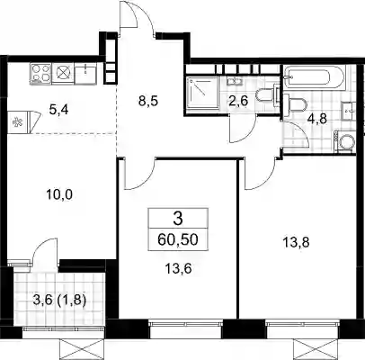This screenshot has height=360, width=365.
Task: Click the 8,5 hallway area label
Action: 147,101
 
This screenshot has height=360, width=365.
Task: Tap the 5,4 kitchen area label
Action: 58,110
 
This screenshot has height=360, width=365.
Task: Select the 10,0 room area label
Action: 59,195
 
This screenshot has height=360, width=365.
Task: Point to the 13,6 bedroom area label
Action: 178,268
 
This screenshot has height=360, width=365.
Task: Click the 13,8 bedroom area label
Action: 297,242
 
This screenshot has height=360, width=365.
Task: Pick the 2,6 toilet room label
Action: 238,101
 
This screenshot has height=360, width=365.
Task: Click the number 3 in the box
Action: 178,219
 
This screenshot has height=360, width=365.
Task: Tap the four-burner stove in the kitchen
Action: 40,74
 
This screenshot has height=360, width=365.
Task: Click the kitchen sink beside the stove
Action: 85,74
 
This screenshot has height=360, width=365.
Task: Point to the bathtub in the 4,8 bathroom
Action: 315,76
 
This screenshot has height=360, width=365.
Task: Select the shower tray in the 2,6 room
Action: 202,93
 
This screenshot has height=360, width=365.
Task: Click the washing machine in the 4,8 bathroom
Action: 344,141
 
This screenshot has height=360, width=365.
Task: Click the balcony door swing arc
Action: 44,251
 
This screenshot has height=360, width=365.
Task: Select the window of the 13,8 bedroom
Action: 303,324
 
